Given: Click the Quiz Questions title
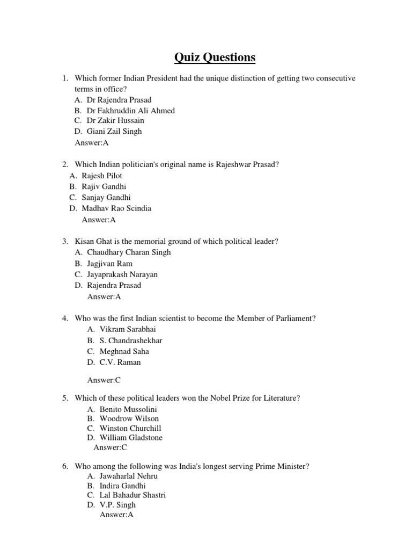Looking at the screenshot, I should pos(214,57).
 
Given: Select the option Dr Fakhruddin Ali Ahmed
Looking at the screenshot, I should pos(130,110).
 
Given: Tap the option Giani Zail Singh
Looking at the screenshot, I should pos(114,131).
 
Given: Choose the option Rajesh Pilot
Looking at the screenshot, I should pos(102,176).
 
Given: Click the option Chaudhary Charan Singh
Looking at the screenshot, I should pos(129,252).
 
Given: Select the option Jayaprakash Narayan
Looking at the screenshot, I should pos(122,274).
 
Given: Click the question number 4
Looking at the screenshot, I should pos(64,319).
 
